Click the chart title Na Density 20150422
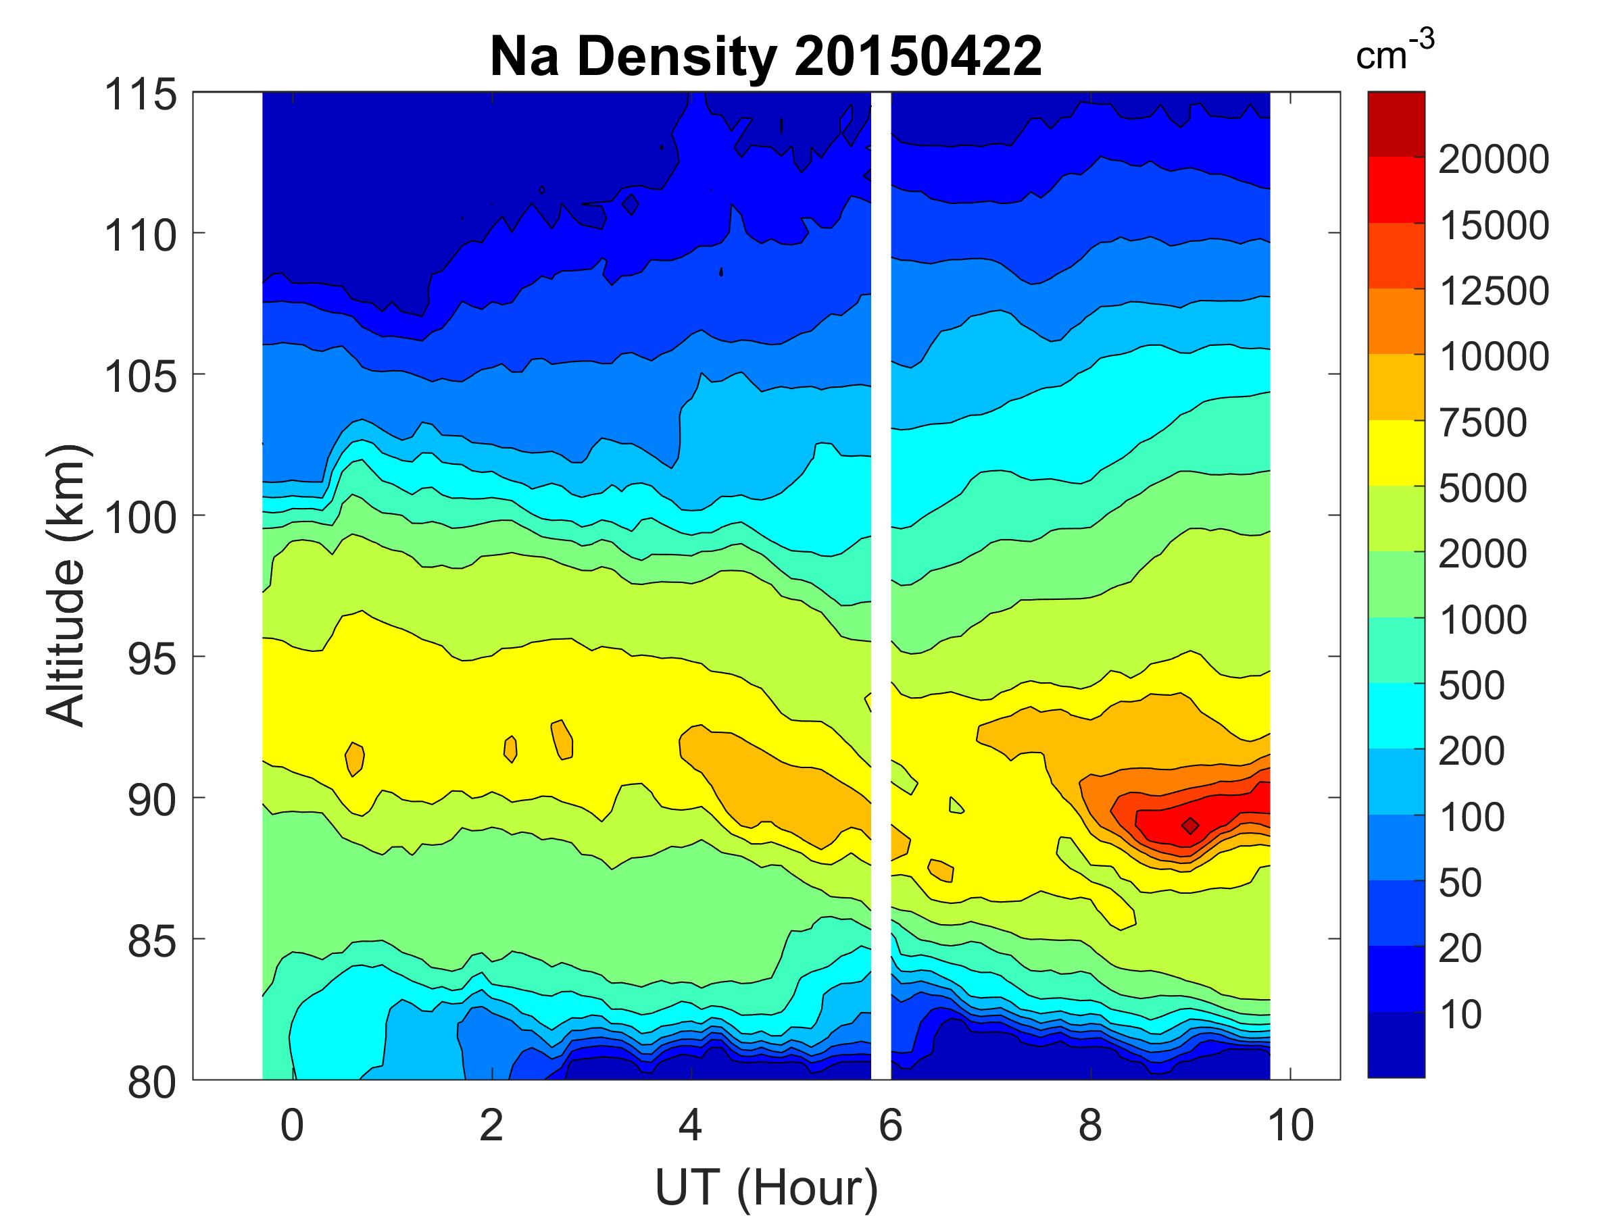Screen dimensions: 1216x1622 pyautogui.click(x=766, y=57)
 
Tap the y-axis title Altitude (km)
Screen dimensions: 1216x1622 pyautogui.click(x=67, y=585)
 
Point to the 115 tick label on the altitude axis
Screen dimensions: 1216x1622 pyautogui.click(x=141, y=95)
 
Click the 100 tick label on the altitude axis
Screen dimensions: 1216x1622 pyautogui.click(x=141, y=517)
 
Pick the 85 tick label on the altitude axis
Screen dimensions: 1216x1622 pyautogui.click(x=151, y=941)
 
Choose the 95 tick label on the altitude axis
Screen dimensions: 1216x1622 pyautogui.click(x=151, y=659)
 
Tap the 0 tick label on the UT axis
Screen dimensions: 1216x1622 pyautogui.click(x=292, y=1125)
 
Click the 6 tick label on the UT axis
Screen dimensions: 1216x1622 pyautogui.click(x=890, y=1125)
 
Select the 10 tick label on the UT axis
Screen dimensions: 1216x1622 pyautogui.click(x=1291, y=1125)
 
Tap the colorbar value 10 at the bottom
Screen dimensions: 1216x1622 pyautogui.click(x=1460, y=1015)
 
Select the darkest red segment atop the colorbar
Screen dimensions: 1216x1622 pyautogui.click(x=1396, y=124)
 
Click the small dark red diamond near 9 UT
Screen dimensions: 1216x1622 pyautogui.click(x=1190, y=826)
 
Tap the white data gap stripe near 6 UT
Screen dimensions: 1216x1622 pyautogui.click(x=881, y=586)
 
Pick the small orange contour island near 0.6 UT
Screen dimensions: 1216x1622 pyautogui.click(x=355, y=759)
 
